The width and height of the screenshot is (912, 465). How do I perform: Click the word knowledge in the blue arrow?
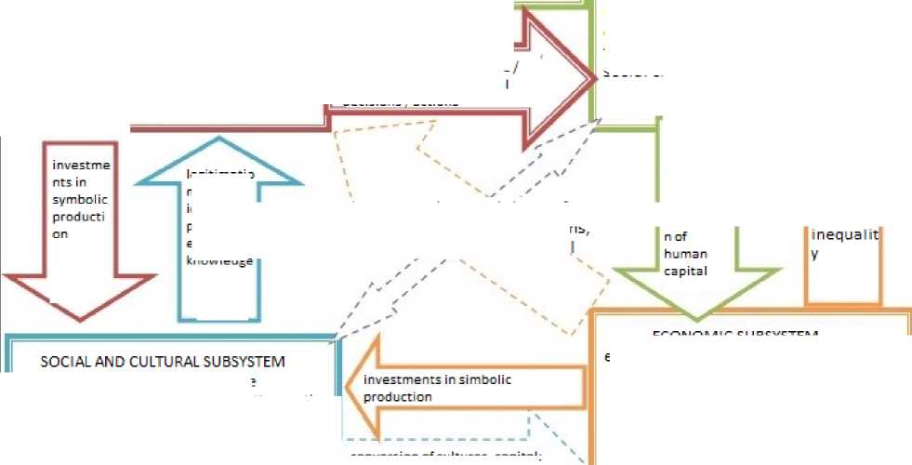[220, 261]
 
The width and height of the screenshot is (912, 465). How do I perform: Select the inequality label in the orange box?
[844, 245]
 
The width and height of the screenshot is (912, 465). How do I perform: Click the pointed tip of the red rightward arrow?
[594, 77]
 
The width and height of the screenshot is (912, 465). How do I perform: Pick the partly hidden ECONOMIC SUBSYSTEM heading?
[734, 334]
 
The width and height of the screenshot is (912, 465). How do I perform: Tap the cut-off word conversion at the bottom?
[382, 457]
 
